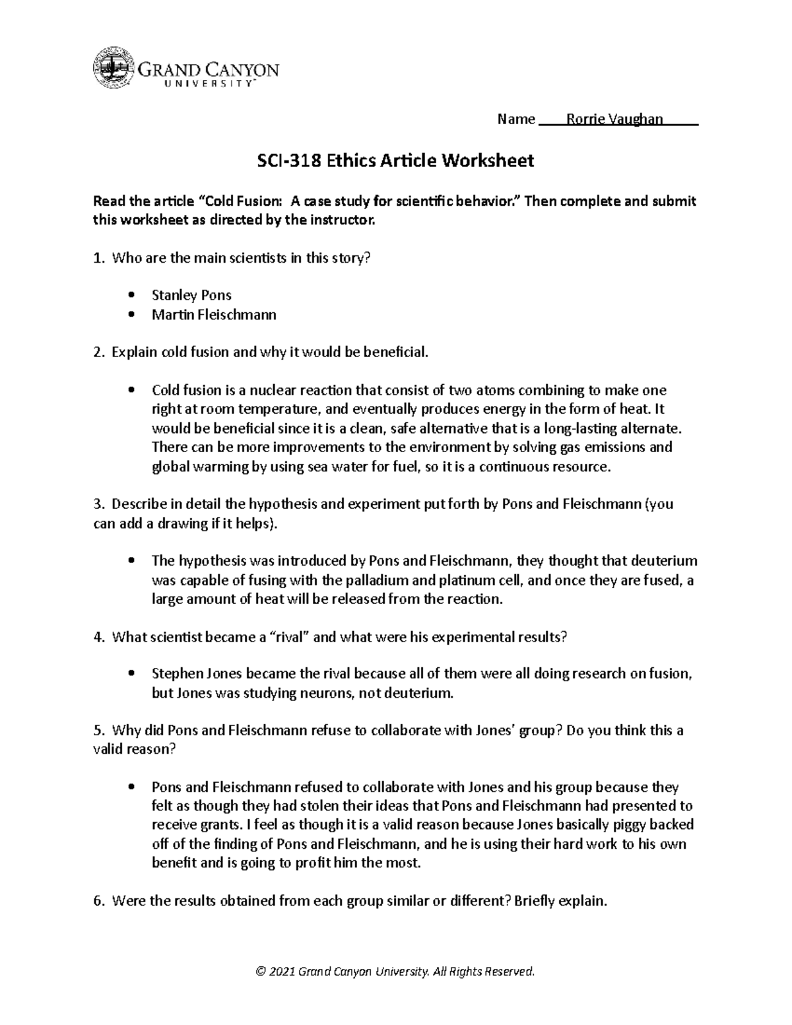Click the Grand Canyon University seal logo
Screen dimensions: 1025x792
(114, 68)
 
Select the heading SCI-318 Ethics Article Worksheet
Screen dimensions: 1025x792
(395, 160)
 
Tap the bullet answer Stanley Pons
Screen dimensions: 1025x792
(191, 295)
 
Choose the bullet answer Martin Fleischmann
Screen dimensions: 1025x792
(214, 315)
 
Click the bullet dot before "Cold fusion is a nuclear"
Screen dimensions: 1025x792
(133, 390)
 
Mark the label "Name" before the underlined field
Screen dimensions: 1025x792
(515, 119)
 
